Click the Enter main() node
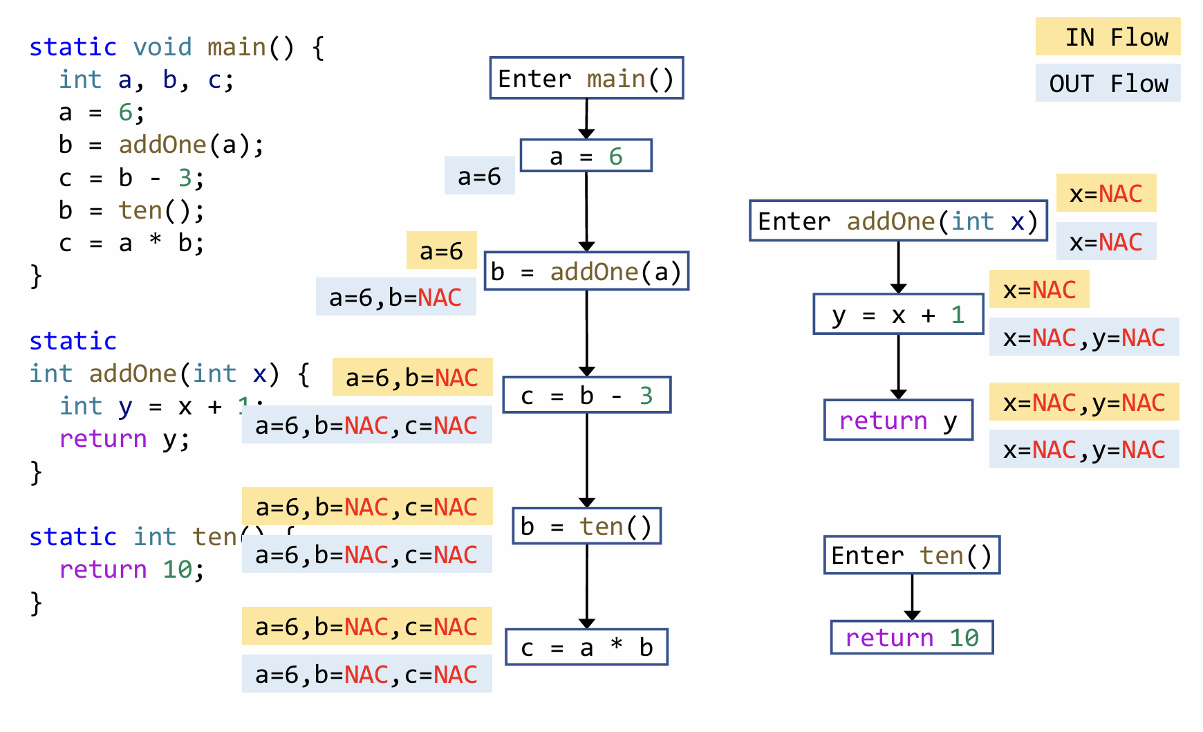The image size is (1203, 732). click(x=586, y=78)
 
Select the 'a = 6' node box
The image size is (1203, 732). click(x=586, y=156)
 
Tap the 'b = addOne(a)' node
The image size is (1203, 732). click(x=586, y=271)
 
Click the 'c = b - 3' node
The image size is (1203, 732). click(x=586, y=395)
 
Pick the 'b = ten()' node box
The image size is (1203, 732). click(x=586, y=526)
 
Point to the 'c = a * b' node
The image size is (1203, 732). click(x=586, y=647)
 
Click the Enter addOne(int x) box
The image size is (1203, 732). click(x=897, y=221)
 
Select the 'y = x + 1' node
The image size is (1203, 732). click(x=898, y=315)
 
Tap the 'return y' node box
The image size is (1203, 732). click(x=898, y=420)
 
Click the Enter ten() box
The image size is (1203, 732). click(x=911, y=555)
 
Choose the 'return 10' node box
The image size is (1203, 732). click(x=911, y=637)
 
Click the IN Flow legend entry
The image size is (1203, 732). click(x=1108, y=37)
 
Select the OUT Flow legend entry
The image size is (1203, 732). click(x=1108, y=83)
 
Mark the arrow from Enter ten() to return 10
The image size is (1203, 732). click(x=912, y=596)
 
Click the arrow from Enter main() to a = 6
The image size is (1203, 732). click(x=586, y=118)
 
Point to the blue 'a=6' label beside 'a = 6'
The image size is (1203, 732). click(x=479, y=176)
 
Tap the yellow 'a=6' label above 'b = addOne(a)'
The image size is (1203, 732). click(x=441, y=250)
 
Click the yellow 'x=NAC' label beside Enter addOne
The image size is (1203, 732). click(x=1106, y=193)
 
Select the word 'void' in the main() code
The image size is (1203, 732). click(x=162, y=47)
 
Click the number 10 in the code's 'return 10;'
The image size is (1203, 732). click(x=177, y=569)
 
